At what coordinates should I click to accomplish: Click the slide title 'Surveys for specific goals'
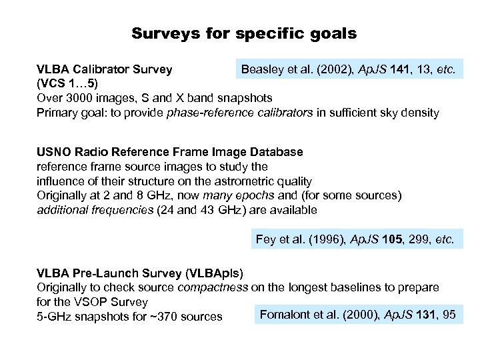coord(243,33)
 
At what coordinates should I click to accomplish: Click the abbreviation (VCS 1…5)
coord(66,83)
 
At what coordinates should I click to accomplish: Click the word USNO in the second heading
coord(52,152)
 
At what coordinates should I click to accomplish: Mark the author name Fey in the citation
coord(266,240)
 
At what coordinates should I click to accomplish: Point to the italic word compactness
coord(213,287)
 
